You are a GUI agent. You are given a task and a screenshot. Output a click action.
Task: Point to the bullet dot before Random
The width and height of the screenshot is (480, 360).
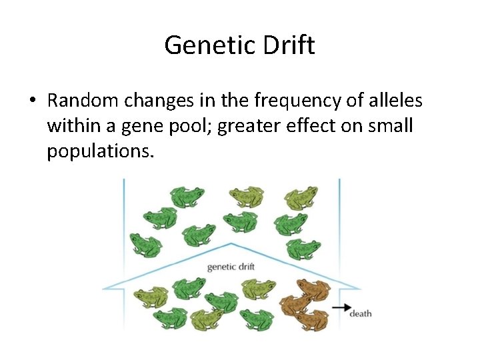[33, 101]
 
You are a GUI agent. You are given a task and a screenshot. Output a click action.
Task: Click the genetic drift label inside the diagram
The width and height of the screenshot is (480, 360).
[231, 267]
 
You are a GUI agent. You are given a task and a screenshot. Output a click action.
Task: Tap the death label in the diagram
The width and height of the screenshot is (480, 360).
[360, 313]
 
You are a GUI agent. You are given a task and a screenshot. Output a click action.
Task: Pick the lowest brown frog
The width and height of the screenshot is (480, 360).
[311, 320]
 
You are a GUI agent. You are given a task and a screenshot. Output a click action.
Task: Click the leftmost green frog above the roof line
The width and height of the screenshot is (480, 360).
[146, 244]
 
